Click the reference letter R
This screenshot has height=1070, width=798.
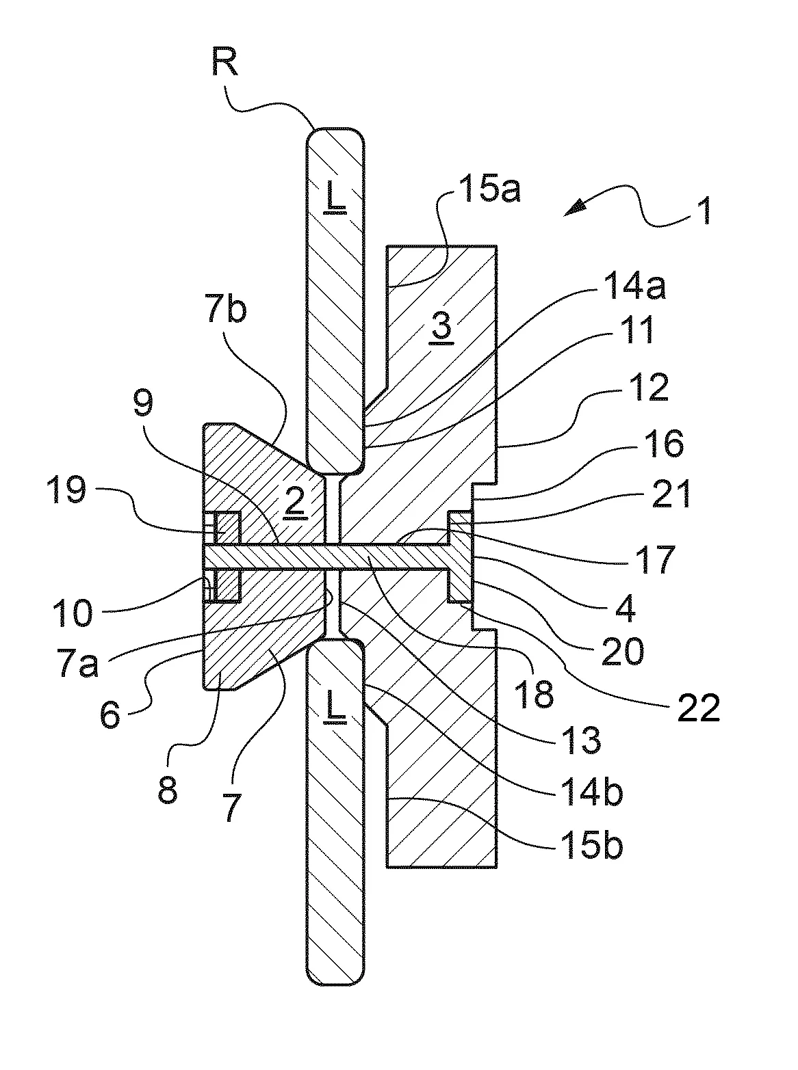click(225, 62)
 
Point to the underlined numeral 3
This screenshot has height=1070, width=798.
click(441, 327)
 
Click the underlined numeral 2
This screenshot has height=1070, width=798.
click(296, 503)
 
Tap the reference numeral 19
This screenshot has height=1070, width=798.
click(66, 490)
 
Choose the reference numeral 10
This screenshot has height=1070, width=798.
click(73, 614)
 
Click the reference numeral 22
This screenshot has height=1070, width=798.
click(699, 708)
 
